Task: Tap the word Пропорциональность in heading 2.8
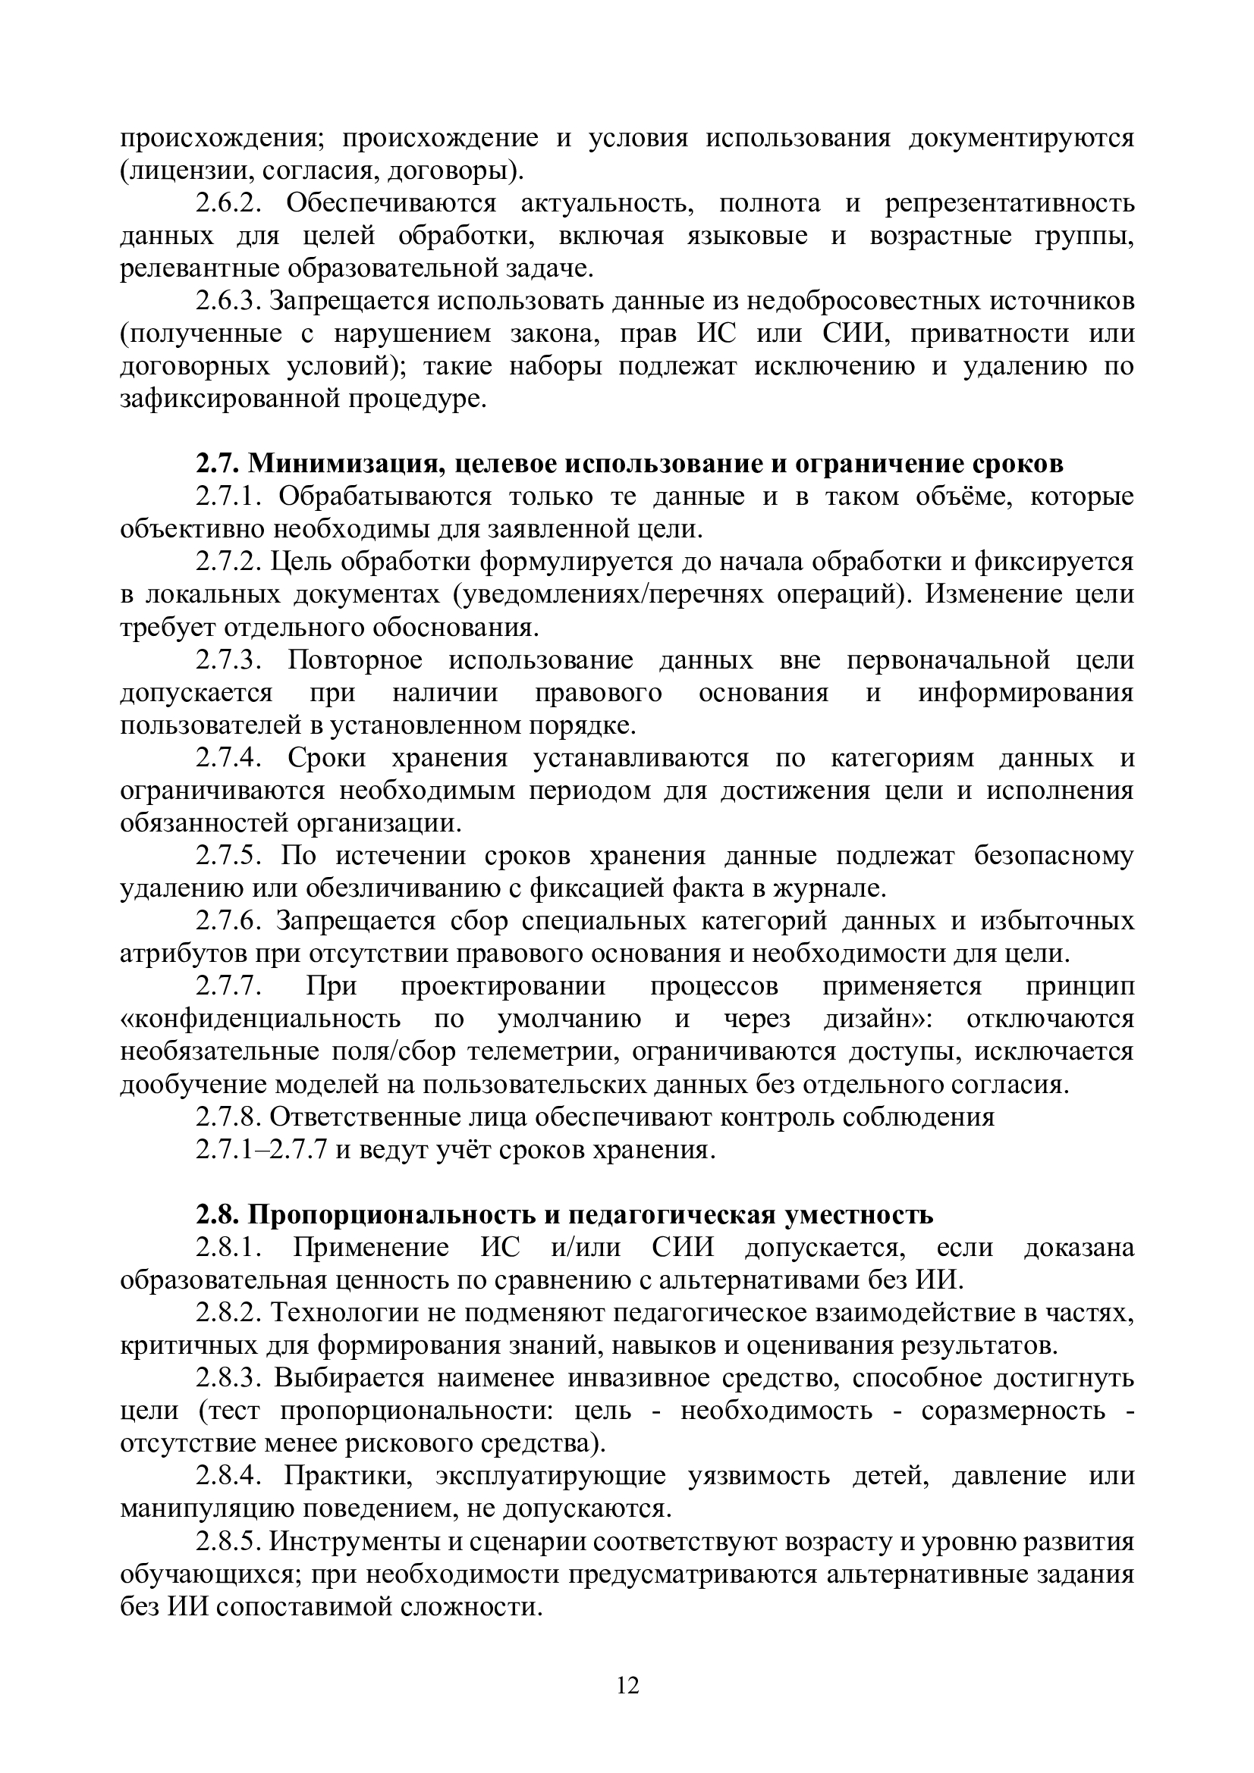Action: pos(381,1215)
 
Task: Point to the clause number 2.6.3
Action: pos(228,301)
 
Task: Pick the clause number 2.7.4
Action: pos(229,758)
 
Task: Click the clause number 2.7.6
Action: pos(229,921)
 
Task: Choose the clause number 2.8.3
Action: pos(229,1378)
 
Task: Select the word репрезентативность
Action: pos(1009,204)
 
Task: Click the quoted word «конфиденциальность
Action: pos(260,1020)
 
